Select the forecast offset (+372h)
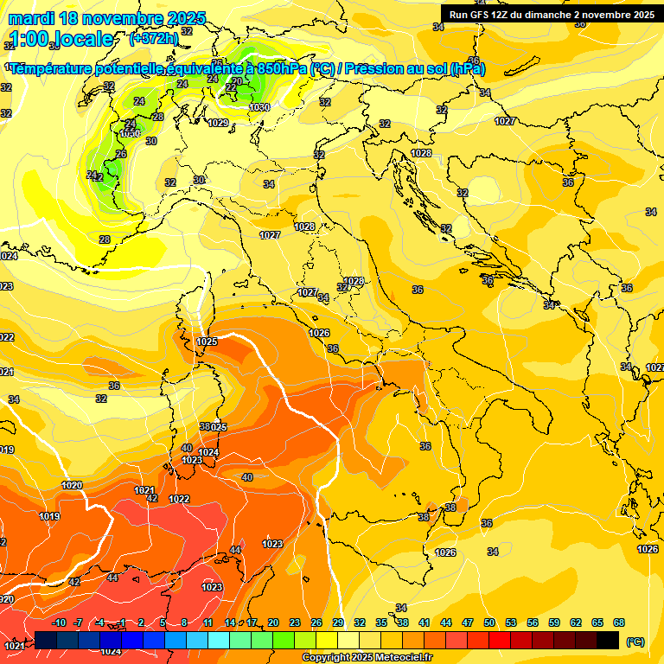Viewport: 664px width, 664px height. (153, 39)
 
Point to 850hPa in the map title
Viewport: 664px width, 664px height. (282, 69)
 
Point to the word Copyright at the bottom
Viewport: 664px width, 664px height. (327, 658)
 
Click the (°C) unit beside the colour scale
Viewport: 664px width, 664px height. (635, 641)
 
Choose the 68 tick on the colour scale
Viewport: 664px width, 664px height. (619, 622)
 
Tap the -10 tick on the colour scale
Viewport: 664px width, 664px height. (60, 622)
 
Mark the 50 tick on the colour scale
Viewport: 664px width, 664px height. (489, 622)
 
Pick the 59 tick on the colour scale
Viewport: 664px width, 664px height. (554, 622)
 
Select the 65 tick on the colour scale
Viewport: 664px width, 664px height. (597, 622)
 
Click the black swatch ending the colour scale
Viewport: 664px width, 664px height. (608, 640)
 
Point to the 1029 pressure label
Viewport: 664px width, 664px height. (218, 124)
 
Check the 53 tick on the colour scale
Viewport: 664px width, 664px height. (511, 622)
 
